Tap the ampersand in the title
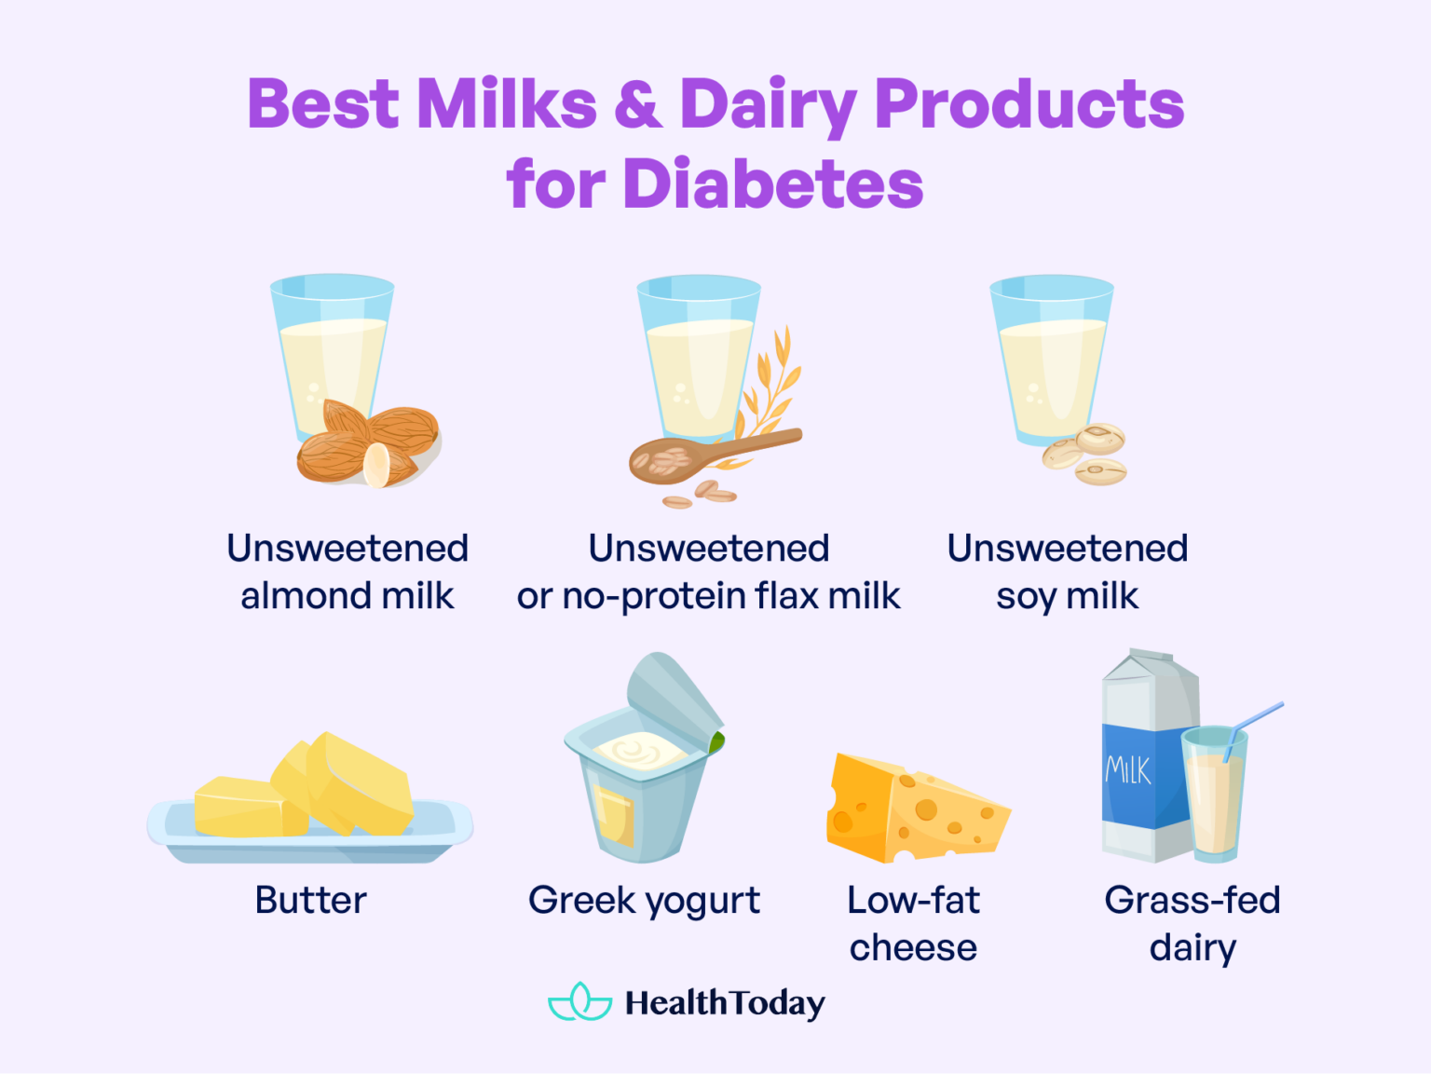coord(638,103)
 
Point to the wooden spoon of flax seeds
coord(708,453)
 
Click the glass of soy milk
coord(1051,359)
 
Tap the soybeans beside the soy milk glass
coord(1088,455)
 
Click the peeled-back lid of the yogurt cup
coord(671,694)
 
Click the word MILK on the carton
coord(1128,770)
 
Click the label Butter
coord(311,901)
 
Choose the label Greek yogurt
coord(644,901)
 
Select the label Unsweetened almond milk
coord(348,572)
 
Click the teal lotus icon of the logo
coord(579,1002)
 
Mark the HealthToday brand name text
coord(725,1003)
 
